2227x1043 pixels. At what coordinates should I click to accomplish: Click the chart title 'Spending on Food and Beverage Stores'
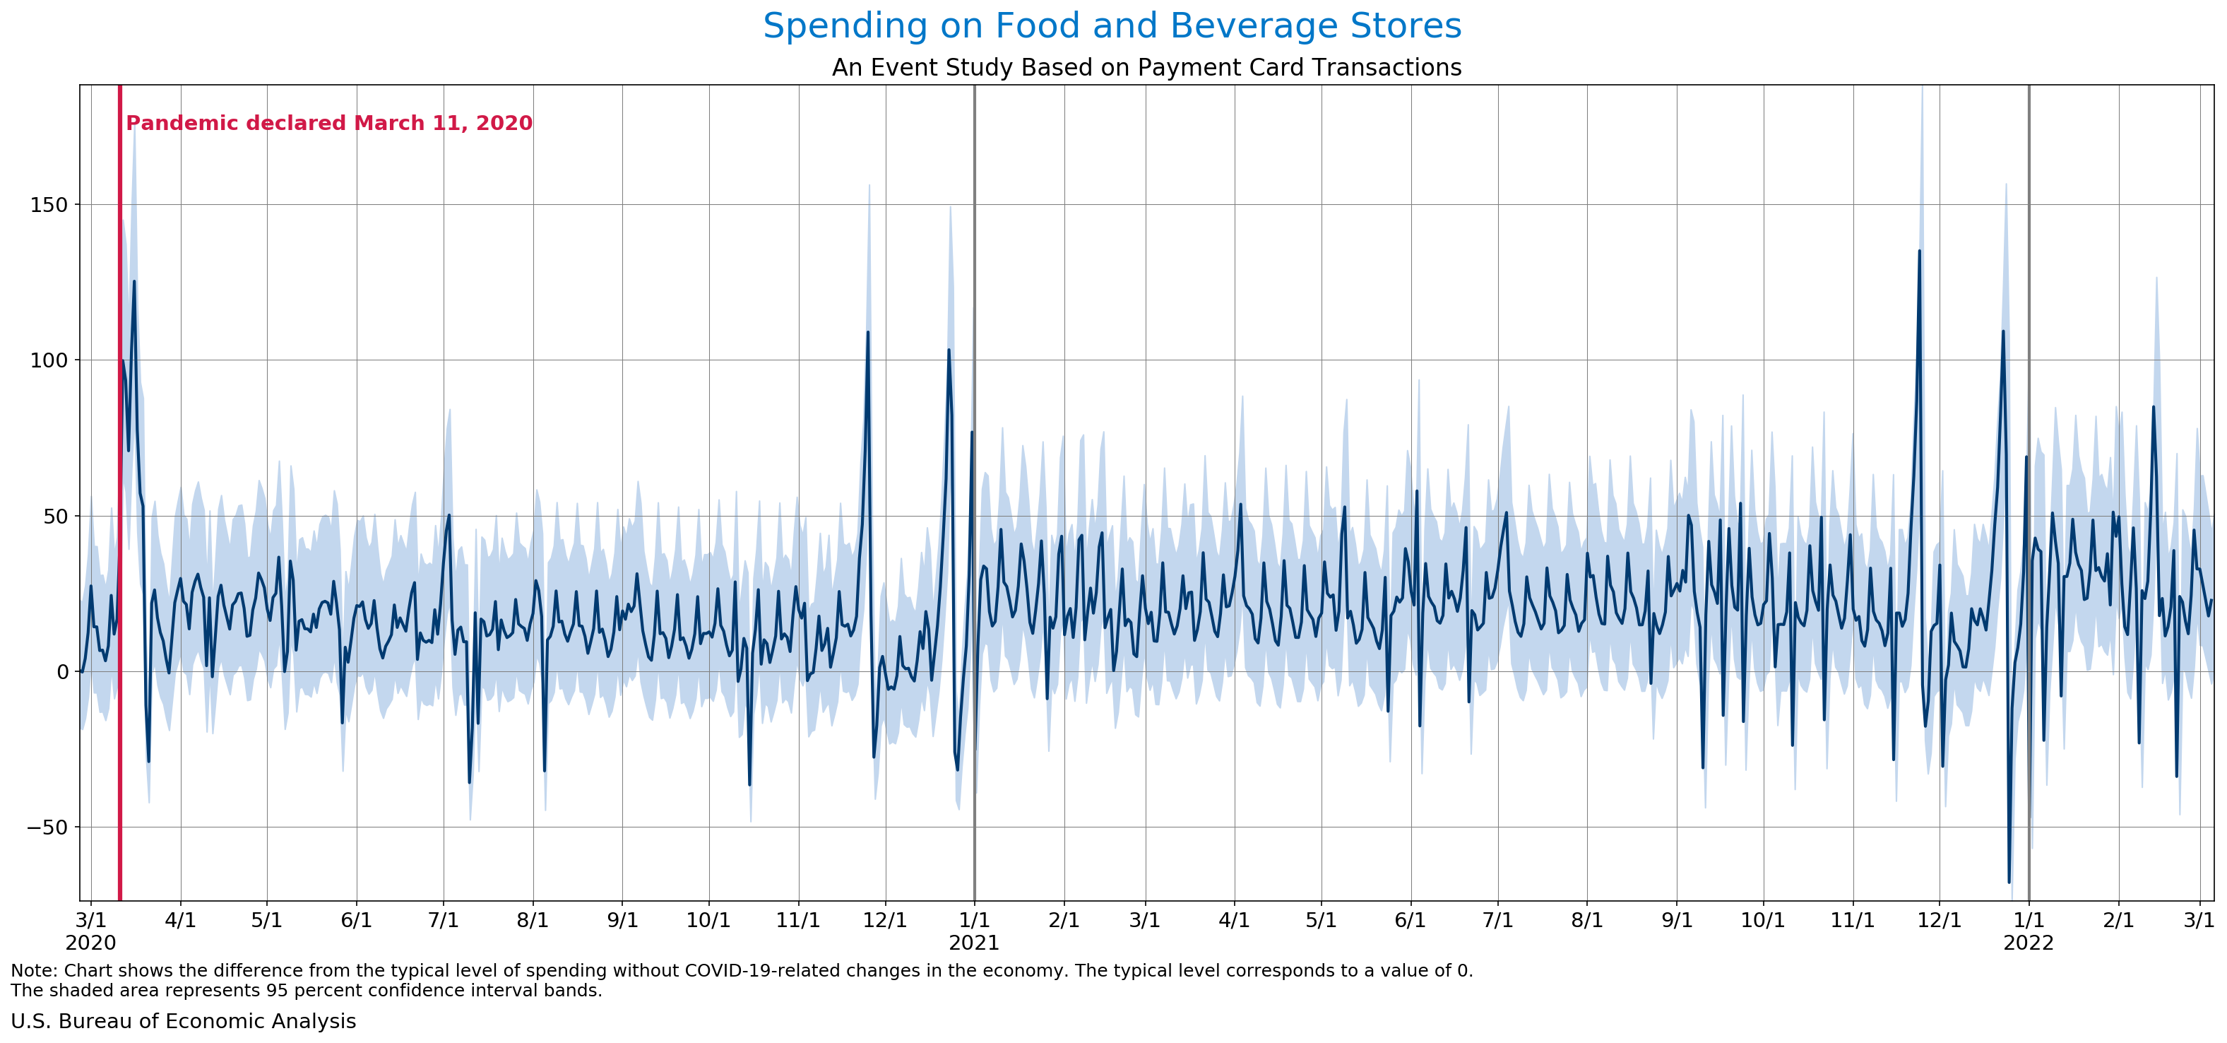click(x=1112, y=26)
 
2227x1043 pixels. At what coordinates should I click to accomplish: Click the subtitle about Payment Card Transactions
click(x=1146, y=67)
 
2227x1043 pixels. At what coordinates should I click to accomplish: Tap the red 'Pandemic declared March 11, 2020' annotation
click(x=329, y=123)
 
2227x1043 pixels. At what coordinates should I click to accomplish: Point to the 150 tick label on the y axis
click(x=49, y=205)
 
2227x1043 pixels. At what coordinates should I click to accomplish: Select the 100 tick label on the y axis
click(x=49, y=360)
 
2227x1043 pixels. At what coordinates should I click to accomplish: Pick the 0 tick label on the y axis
click(x=62, y=672)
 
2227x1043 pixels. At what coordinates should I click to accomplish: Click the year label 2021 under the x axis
click(x=973, y=943)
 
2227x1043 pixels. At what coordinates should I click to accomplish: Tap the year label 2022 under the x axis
click(x=2028, y=943)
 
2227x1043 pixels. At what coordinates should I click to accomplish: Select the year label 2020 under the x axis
click(x=91, y=943)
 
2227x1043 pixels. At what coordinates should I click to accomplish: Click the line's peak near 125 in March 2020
click(x=134, y=282)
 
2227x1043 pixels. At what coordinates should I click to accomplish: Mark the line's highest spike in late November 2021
click(x=1919, y=252)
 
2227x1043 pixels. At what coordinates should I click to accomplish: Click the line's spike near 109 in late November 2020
click(x=868, y=333)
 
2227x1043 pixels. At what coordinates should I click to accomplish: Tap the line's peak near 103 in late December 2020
click(x=949, y=350)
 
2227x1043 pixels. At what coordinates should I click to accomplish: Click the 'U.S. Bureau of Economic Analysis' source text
click(x=183, y=1021)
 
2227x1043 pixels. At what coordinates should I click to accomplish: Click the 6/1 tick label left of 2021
click(x=356, y=920)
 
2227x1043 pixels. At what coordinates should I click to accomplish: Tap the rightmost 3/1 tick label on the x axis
click(x=2199, y=920)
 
